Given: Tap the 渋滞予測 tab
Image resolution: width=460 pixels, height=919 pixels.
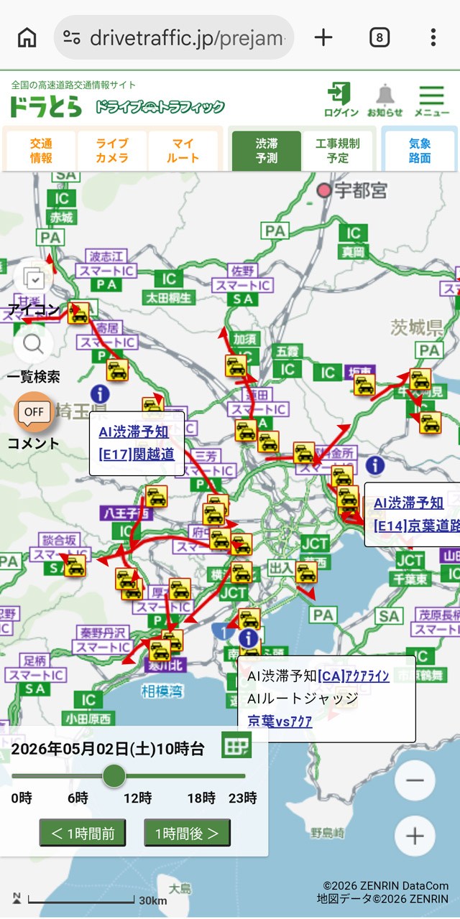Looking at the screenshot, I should click(x=266, y=150).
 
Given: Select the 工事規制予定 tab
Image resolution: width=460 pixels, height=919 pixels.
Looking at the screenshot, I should click(x=337, y=150).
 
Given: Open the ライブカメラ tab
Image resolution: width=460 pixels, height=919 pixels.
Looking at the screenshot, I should click(x=112, y=150).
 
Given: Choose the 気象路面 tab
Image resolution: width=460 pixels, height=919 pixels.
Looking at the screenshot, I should click(x=420, y=150).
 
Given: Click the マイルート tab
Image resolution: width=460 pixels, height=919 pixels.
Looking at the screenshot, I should click(x=183, y=150).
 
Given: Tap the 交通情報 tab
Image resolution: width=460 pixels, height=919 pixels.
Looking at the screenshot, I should click(x=41, y=150).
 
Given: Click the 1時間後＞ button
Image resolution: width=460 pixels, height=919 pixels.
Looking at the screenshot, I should click(x=187, y=833).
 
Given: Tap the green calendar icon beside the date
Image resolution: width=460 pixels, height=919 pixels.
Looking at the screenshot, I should click(x=236, y=747).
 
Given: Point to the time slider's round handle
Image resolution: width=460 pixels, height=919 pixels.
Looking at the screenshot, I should click(x=114, y=776).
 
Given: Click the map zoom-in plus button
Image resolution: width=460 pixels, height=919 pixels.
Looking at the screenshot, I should click(x=415, y=836).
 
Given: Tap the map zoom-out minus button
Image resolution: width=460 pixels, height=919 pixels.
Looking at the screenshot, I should click(x=415, y=780).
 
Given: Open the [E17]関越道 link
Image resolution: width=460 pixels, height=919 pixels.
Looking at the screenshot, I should click(x=137, y=454).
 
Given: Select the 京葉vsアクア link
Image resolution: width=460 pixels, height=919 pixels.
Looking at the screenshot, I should click(x=280, y=722).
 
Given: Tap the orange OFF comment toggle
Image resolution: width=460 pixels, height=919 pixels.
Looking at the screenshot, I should click(x=34, y=412).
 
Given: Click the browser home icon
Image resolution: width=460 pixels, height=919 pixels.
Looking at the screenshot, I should click(x=27, y=37).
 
